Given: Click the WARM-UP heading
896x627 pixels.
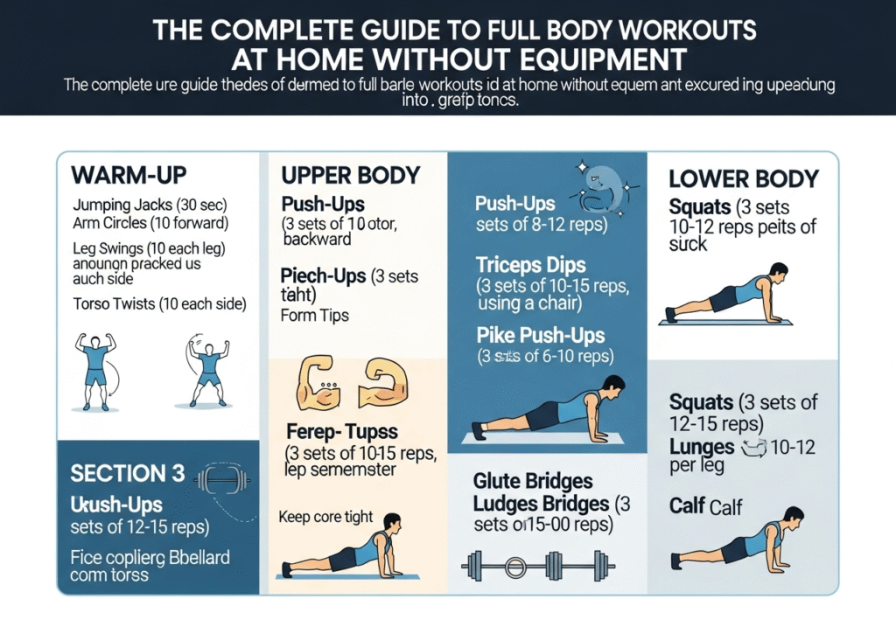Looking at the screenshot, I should pyautogui.click(x=130, y=173).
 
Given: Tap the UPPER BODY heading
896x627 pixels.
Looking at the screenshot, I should pyautogui.click(x=351, y=175).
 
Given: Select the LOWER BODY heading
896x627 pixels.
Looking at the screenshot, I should pyautogui.click(x=743, y=179).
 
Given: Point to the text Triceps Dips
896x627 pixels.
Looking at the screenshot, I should pyautogui.click(x=530, y=264).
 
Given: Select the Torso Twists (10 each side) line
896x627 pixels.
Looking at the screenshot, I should pyautogui.click(x=159, y=305).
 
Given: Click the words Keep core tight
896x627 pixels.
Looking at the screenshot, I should pyautogui.click(x=325, y=517).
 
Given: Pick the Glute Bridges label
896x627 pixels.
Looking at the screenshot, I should pyautogui.click(x=532, y=482).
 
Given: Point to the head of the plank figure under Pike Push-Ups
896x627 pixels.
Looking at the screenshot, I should pyautogui.click(x=614, y=385).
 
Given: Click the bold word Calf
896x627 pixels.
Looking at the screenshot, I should pyautogui.click(x=689, y=505).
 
